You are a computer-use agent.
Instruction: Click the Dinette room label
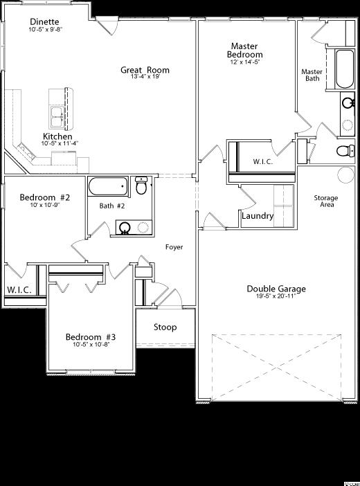click(x=44, y=21)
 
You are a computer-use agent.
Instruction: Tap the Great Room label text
click(x=145, y=70)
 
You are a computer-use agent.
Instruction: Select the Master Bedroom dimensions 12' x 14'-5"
click(x=244, y=62)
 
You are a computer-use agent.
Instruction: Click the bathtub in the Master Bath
click(x=345, y=69)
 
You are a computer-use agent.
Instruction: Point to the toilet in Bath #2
click(x=141, y=186)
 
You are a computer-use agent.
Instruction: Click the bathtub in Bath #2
click(x=108, y=186)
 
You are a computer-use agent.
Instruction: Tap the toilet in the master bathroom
click(x=345, y=151)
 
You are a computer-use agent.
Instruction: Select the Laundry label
click(x=258, y=216)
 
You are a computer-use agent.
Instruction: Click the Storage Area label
click(x=326, y=201)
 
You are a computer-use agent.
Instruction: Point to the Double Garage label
click(x=276, y=289)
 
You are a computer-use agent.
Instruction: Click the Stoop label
click(x=165, y=327)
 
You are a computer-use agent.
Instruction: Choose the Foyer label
click(x=174, y=247)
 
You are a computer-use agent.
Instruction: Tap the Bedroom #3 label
click(x=91, y=337)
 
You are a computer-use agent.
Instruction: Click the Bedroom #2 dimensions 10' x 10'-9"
click(x=44, y=205)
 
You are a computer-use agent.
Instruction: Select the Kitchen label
click(x=57, y=136)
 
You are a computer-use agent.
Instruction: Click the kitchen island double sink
click(x=57, y=117)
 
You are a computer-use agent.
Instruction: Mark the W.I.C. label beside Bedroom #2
click(x=19, y=290)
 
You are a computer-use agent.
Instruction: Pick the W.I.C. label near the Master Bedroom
click(x=263, y=161)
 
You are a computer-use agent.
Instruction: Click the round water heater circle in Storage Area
click(x=345, y=175)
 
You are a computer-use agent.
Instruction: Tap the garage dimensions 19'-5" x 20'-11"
click(x=276, y=296)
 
